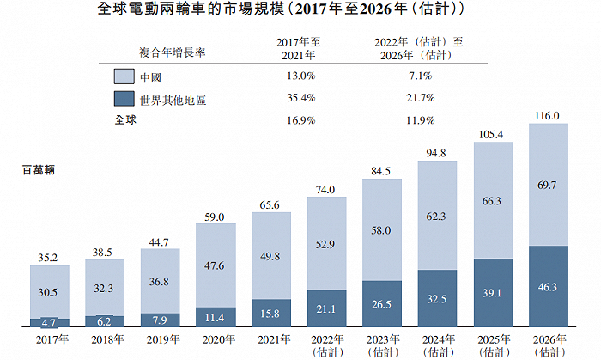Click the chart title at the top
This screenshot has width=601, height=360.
(x=300, y=11)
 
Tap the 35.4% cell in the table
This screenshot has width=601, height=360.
(x=293, y=100)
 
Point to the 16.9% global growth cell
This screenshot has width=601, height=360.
(x=293, y=120)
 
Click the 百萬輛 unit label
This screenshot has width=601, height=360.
(x=38, y=170)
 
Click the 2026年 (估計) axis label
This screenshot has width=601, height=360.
(x=548, y=345)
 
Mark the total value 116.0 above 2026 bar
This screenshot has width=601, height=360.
(x=548, y=115)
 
